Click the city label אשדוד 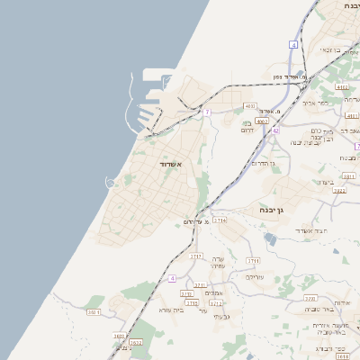[170, 166]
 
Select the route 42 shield [275, 130]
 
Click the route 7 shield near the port [207, 112]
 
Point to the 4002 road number [262, 120]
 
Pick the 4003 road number [250, 105]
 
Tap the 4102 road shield [341, 86]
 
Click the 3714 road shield [220, 220]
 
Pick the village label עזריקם [255, 277]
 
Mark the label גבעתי [224, 317]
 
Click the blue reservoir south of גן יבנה [271, 238]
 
